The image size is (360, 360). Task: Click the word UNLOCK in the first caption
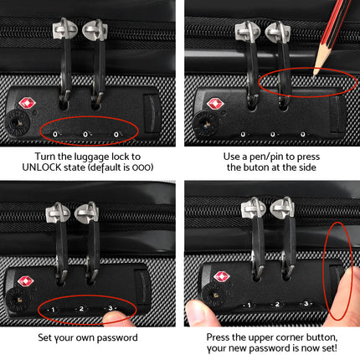click(x=39, y=167)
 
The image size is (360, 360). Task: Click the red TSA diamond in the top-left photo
click(x=25, y=105)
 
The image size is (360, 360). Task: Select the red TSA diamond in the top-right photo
click(x=214, y=104)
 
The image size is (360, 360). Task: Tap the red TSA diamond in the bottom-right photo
click(x=222, y=276)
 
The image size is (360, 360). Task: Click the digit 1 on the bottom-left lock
click(x=53, y=309)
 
